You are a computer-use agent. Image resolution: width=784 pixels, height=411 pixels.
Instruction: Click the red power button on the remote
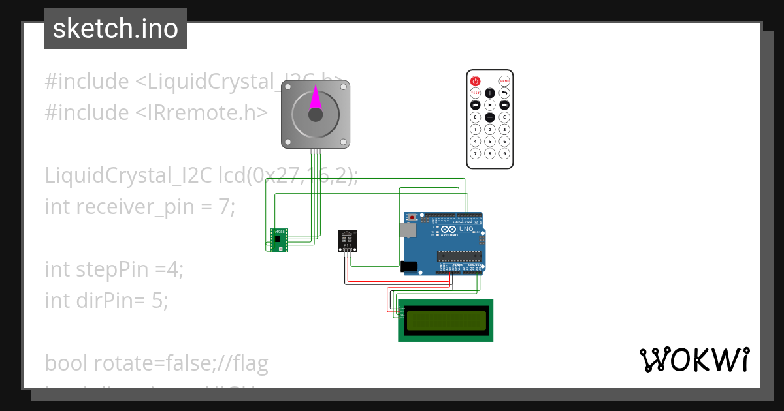coord(476,82)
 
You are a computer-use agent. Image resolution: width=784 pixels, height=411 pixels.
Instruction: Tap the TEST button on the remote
coord(476,93)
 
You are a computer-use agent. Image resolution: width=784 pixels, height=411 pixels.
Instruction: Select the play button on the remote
coord(490,105)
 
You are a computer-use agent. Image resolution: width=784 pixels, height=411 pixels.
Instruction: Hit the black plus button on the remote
coord(490,93)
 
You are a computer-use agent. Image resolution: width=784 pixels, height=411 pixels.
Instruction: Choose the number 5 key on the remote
coord(490,142)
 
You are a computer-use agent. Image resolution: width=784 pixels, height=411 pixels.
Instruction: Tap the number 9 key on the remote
coord(504,154)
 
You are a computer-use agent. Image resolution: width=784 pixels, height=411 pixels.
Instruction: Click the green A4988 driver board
coord(280,240)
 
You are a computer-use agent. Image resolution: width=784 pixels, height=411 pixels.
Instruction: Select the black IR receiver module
coord(348,240)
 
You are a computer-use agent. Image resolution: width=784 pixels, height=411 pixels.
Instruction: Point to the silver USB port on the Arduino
coord(408,230)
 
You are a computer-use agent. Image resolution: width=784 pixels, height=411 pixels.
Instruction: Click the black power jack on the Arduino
coord(409,266)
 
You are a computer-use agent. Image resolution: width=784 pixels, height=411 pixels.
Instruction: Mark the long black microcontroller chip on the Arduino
coord(460,255)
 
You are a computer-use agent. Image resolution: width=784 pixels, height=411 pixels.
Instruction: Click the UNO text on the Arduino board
coord(466,230)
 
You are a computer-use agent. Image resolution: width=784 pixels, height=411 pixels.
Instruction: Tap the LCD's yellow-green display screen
coord(446,320)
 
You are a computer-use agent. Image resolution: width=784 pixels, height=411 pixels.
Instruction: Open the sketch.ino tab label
coord(116,29)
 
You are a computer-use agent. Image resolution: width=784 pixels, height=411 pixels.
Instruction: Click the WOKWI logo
coord(694,359)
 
